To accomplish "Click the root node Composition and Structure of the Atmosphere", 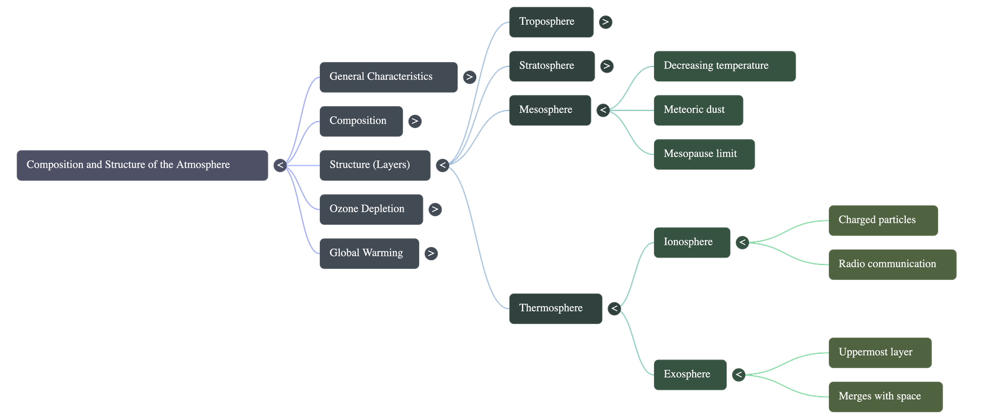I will coord(142,165).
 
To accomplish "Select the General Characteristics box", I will coord(388,77).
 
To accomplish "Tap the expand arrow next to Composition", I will coord(415,122).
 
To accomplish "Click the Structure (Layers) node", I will coord(374,165).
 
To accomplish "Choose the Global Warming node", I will coord(368,253).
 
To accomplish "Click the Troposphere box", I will coord(551,22).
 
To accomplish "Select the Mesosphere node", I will coord(549,110).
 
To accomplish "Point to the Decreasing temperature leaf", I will coord(724,66).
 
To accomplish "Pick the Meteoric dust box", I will coord(697,110).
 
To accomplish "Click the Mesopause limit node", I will coord(704,155).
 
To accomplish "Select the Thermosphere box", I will coord(555,309).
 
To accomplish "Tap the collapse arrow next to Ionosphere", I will coord(742,243).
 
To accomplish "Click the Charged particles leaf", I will coord(883,220).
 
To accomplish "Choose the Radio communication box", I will coord(892,264).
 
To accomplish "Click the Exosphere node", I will coord(689,375).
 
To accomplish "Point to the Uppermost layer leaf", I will coord(879,353).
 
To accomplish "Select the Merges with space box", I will coord(885,397).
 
